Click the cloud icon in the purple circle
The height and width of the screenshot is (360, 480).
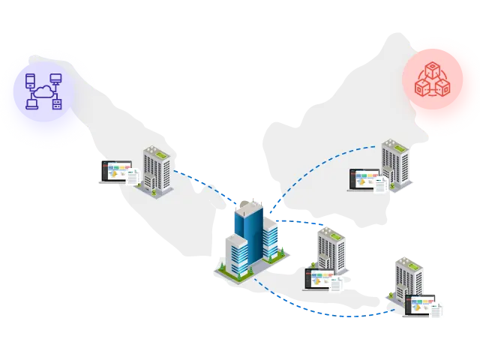[x=42, y=91]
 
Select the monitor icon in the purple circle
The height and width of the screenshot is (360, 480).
[x=55, y=78]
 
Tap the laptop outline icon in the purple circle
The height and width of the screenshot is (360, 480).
[x=31, y=104]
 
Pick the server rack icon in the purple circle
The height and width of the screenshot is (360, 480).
[x=56, y=105]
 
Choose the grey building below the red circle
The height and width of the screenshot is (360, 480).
[x=394, y=163]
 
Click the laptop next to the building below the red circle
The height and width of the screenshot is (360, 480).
[x=363, y=179]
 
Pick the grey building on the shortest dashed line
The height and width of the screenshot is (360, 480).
[x=329, y=251]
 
